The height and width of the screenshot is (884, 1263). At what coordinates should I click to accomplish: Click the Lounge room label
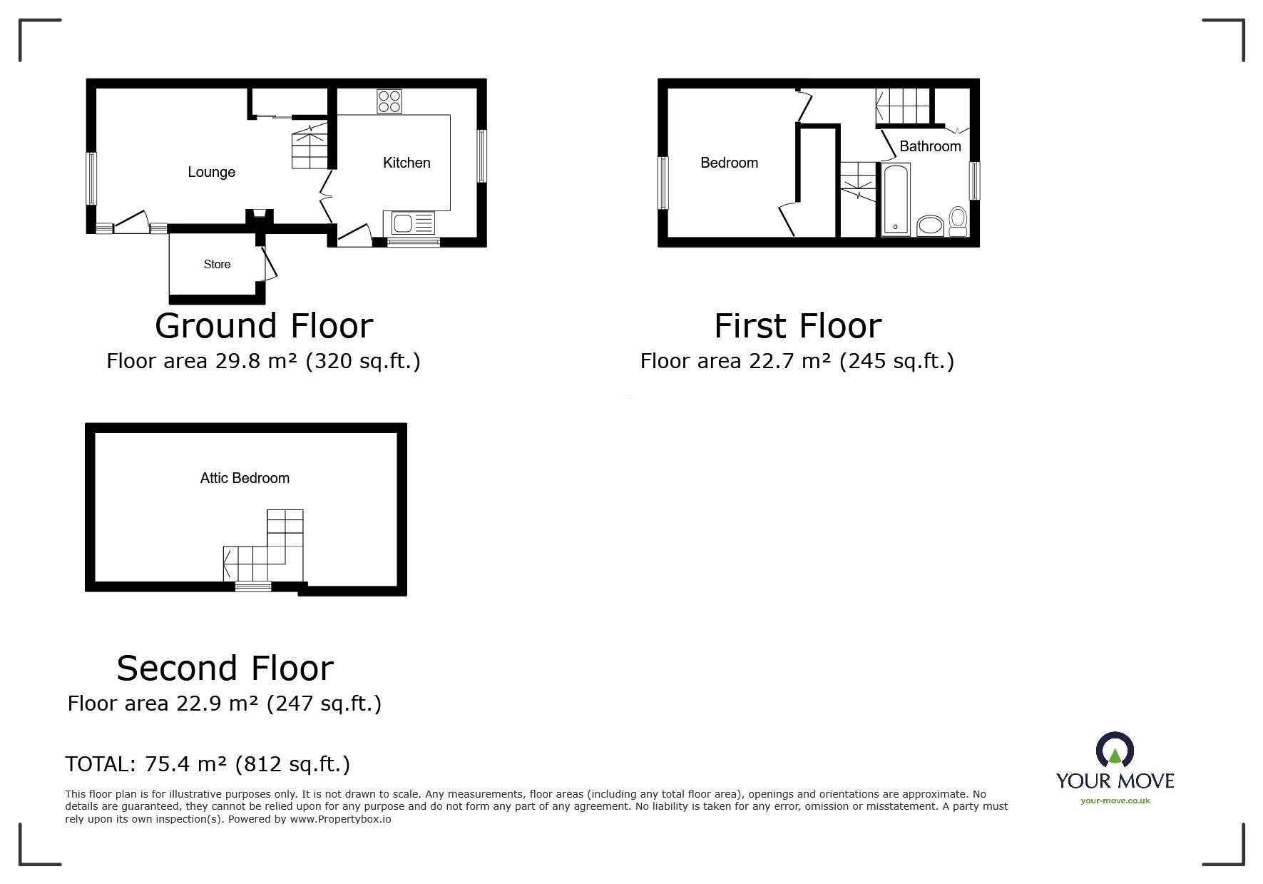click(211, 172)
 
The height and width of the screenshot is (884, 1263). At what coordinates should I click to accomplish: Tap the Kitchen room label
click(406, 163)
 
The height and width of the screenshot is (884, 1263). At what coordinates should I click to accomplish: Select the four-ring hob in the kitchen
click(389, 101)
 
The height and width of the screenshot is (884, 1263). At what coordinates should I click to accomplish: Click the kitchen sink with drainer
click(409, 223)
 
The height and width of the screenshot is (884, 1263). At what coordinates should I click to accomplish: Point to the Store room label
click(217, 264)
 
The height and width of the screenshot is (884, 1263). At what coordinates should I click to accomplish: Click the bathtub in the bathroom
click(896, 199)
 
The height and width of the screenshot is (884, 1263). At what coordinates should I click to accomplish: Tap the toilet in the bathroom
click(958, 221)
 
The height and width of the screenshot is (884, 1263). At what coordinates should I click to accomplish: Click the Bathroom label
click(930, 146)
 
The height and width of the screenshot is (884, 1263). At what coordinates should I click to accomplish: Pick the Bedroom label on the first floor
click(729, 163)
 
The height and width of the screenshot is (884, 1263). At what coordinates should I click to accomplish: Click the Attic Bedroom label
click(245, 478)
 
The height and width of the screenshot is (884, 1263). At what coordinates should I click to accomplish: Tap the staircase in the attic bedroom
click(263, 546)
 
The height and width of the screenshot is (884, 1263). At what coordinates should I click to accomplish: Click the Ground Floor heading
click(264, 325)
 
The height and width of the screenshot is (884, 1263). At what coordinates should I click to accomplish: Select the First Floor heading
click(798, 325)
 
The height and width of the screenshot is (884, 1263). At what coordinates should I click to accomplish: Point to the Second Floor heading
click(225, 668)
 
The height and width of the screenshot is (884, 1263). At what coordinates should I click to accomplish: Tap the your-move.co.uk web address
click(1115, 801)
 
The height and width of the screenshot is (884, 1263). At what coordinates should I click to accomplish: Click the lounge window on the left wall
click(91, 178)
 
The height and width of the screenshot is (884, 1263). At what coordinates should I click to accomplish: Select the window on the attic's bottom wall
click(254, 587)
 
